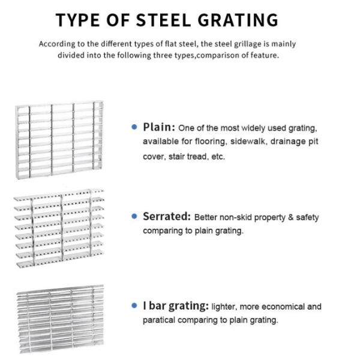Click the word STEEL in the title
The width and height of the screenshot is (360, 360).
click(158, 20)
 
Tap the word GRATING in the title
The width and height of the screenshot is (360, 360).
click(236, 20)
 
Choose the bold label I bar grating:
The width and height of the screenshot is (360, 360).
click(175, 306)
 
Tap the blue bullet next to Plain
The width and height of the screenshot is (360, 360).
click(134, 127)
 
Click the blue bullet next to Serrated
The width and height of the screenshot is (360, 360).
click(134, 217)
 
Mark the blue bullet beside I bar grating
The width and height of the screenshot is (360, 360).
click(134, 306)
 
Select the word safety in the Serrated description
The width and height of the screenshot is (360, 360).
click(307, 217)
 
